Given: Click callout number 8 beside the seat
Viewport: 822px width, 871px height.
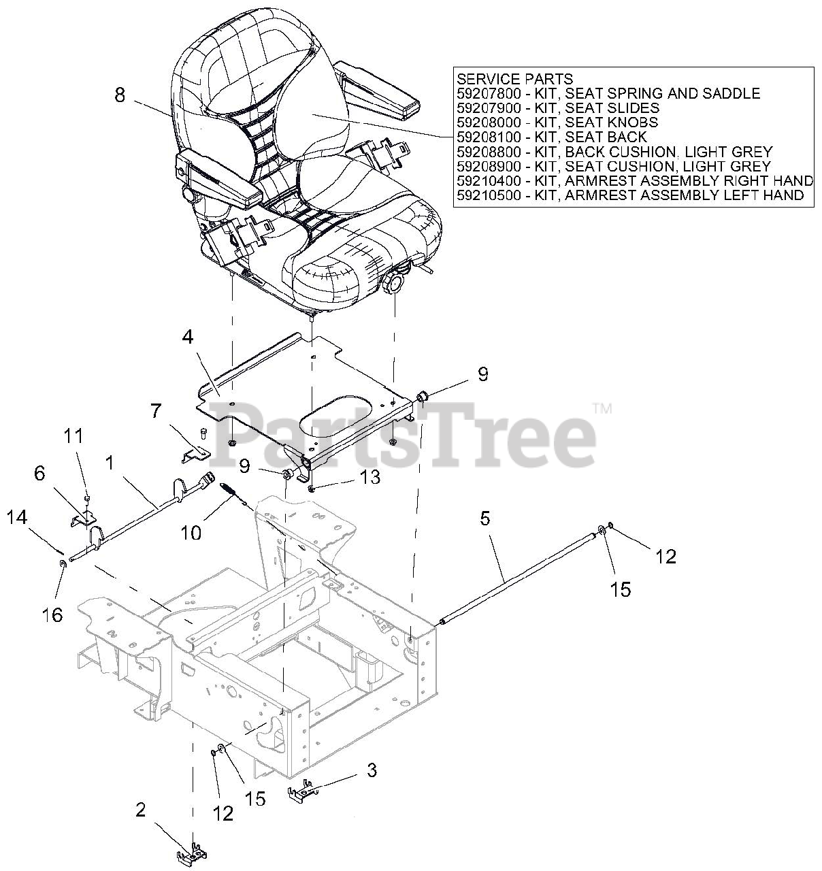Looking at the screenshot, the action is (x=120, y=95).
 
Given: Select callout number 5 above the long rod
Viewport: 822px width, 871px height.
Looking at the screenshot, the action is (x=484, y=519).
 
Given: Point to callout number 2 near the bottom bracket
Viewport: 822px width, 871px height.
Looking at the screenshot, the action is (x=140, y=810).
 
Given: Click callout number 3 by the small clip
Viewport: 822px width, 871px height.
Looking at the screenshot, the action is (x=372, y=770).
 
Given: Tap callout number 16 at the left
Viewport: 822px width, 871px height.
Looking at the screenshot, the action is (x=52, y=614).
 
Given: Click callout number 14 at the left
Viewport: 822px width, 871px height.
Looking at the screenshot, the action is (x=17, y=518).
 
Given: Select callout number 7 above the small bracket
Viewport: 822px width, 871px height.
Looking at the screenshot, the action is (x=157, y=411).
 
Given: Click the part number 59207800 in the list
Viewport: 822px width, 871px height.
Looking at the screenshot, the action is (x=488, y=94).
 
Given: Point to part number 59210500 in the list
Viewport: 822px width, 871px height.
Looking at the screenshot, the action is (x=488, y=196).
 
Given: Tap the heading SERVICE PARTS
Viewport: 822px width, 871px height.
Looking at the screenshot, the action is (x=514, y=79).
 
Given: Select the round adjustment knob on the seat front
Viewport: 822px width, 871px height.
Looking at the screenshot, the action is (x=395, y=282).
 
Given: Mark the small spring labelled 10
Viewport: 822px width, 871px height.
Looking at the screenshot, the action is (x=229, y=489).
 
